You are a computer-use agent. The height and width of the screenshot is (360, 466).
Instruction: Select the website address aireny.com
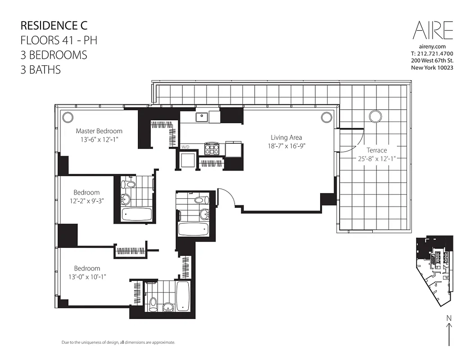(x=432, y=46)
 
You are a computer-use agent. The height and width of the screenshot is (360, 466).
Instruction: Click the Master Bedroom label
(x=99, y=131)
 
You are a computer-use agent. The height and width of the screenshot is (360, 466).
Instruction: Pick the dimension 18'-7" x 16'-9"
(x=286, y=146)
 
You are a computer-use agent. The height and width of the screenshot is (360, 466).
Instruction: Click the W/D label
(x=185, y=147)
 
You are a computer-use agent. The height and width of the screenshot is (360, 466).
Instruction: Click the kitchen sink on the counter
(x=201, y=117)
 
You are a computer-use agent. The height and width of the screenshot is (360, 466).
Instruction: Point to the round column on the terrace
(x=375, y=117)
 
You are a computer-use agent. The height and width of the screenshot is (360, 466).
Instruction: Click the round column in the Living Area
(x=326, y=117)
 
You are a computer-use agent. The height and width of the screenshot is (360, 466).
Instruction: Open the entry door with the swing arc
(x=226, y=196)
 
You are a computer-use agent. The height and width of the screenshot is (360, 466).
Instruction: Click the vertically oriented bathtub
(x=183, y=296)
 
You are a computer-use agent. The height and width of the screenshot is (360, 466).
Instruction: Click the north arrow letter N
(x=448, y=318)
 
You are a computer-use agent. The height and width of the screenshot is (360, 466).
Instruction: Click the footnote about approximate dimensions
(x=118, y=342)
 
